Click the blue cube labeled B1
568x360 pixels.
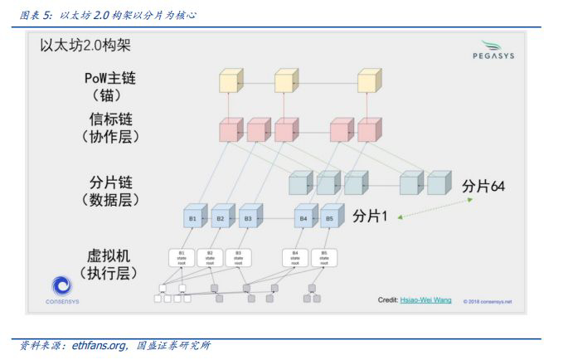[x=193, y=219]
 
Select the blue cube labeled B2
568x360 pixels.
[x=221, y=219]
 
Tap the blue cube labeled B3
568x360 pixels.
[x=247, y=219]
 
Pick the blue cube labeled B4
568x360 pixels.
[x=304, y=219]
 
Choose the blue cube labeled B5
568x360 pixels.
[x=330, y=219]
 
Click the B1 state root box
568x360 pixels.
[x=182, y=257]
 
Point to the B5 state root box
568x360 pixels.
[x=324, y=257]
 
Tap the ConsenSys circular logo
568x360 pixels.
[x=62, y=286]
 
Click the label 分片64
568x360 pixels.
[x=483, y=186]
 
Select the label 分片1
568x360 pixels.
[x=371, y=216]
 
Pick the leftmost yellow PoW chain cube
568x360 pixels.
[x=229, y=82]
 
